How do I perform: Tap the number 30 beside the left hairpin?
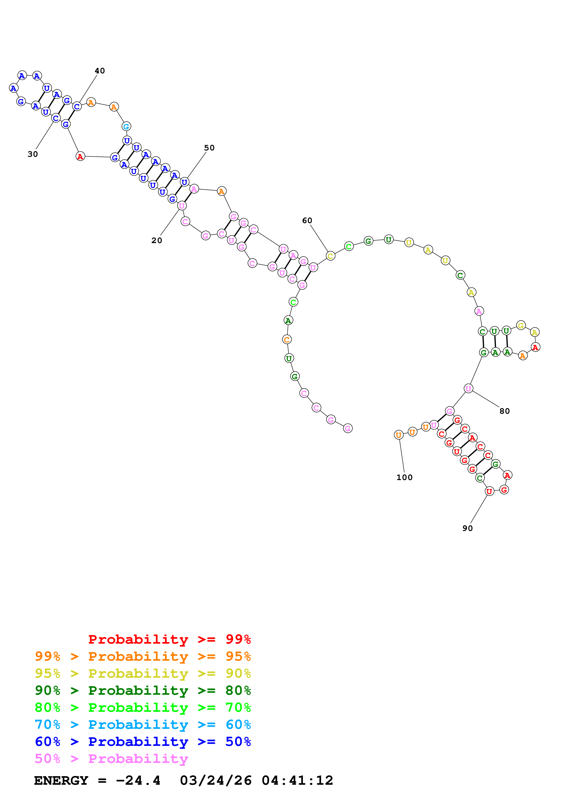pyautogui.click(x=33, y=154)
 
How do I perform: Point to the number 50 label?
pyautogui.click(x=209, y=148)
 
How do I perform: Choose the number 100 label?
pyautogui.click(x=404, y=477)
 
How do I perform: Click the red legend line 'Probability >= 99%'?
pyautogui.click(x=169, y=639)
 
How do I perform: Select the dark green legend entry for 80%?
pyautogui.click(x=143, y=690)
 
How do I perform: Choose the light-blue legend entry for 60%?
pyautogui.click(x=143, y=725)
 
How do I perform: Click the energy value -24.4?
pyautogui.click(x=138, y=780)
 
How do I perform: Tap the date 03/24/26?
pyautogui.click(x=216, y=780)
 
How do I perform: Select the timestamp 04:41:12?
pyautogui.click(x=297, y=780)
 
